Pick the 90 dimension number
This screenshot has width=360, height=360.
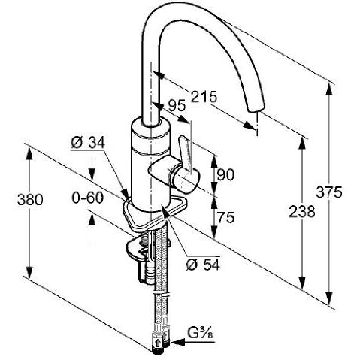(225, 175)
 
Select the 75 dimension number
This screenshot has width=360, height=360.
(225, 217)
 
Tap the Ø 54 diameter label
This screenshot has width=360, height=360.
(201, 264)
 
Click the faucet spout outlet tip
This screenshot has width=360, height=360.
(254, 120)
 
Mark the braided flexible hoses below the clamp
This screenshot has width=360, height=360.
(159, 293)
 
